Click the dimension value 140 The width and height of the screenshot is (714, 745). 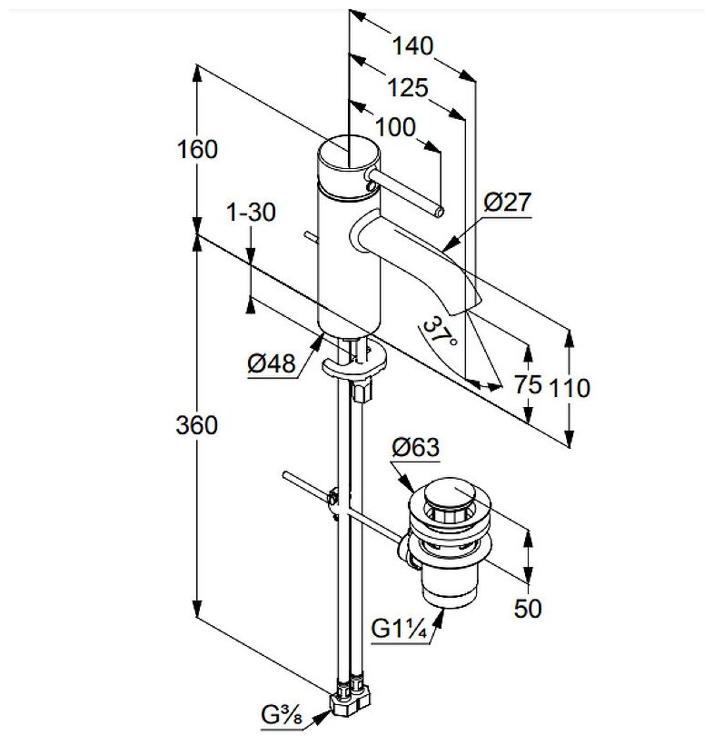click(x=413, y=45)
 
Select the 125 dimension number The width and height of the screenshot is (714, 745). click(x=407, y=88)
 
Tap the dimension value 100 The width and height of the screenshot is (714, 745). click(x=395, y=127)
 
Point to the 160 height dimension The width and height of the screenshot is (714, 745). click(x=198, y=149)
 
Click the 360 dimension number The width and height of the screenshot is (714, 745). click(x=196, y=424)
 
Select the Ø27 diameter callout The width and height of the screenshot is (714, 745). click(x=507, y=203)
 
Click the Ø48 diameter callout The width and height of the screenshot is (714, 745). click(x=272, y=364)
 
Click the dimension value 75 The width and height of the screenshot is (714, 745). click(x=529, y=385)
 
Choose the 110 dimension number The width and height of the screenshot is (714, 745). click(x=570, y=388)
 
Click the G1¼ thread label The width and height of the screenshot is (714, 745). click(x=401, y=628)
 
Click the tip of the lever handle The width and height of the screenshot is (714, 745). click(x=440, y=213)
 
